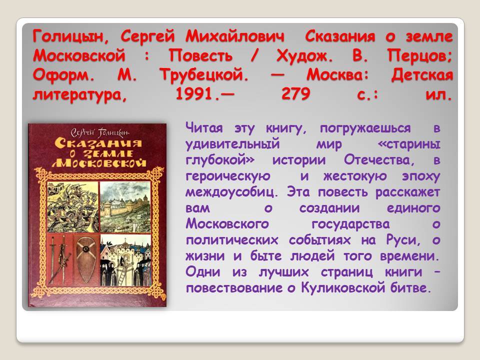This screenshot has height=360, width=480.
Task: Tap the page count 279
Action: pos(295,93)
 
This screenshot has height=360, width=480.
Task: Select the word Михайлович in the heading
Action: pos(235,36)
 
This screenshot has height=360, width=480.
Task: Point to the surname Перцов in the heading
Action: pos(419,56)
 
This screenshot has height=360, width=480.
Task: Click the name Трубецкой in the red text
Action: pos(204,75)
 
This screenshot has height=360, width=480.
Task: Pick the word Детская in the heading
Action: pos(422,75)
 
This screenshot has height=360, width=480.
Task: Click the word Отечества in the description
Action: pos(379,160)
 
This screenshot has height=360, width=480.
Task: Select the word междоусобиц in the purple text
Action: pos(231,192)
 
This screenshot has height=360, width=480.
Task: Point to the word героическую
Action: pos(228,176)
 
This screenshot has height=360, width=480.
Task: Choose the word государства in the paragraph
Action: pos(350,224)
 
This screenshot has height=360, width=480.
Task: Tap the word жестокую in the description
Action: pos(355,176)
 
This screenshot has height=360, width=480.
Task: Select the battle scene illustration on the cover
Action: pos(73,207)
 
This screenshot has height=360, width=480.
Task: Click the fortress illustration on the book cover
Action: pos(125,207)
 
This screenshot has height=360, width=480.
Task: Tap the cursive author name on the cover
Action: pos(100,132)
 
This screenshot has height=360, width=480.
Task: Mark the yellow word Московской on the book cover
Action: pos(99,163)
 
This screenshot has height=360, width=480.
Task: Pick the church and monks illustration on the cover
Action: pos(125,260)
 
